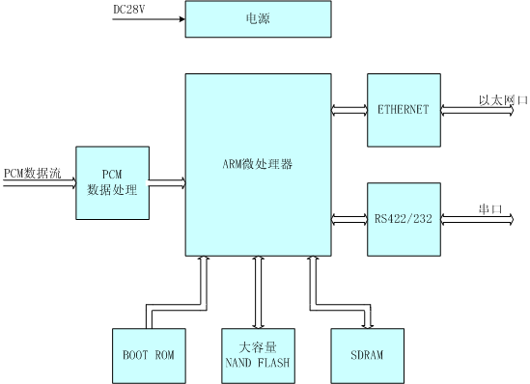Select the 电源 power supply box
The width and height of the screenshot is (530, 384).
click(256, 20)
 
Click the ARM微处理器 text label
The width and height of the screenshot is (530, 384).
click(256, 161)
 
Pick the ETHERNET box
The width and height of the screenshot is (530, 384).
click(404, 110)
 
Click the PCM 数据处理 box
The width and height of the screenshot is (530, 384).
click(112, 181)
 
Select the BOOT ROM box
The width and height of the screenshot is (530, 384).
click(147, 354)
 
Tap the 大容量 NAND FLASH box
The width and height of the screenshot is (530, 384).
click(256, 354)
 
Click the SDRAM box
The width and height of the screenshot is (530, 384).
click(368, 354)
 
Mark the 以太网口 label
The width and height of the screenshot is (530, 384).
click(500, 100)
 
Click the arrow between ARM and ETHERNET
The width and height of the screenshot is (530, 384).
click(348, 110)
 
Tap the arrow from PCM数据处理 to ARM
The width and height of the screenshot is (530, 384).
click(166, 181)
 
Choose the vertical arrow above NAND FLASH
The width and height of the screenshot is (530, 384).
click(256, 291)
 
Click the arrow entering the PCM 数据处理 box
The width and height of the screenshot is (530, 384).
click(39, 181)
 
